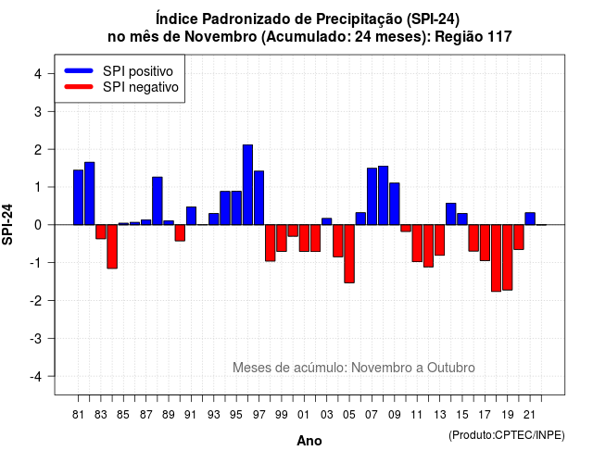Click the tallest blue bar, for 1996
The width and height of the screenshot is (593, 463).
point(247,185)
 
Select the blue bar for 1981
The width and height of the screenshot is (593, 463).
point(78,197)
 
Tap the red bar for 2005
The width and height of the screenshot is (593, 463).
point(349,254)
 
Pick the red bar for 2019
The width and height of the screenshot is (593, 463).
point(508,257)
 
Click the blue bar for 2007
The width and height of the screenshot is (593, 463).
point(372,196)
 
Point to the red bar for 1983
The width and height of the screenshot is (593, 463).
point(101,231)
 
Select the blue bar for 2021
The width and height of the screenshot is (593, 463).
point(530,219)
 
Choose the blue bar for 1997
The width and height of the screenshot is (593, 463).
point(259,198)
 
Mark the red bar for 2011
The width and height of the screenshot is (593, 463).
point(417,243)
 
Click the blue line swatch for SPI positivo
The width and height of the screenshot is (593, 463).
point(79,70)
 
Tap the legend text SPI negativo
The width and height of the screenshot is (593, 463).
point(141,87)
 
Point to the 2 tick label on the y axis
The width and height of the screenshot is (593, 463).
point(38,150)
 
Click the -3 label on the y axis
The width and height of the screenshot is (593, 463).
point(35,339)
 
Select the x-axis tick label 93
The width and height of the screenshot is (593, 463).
point(214,415)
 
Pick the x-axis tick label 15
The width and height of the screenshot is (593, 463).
point(462,415)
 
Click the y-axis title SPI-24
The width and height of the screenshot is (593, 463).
point(7,224)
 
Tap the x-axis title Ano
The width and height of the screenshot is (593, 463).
point(309,441)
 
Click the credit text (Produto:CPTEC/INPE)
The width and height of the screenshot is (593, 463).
point(507,435)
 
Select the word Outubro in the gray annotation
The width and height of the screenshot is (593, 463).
point(451,368)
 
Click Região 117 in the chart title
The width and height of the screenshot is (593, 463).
point(473,37)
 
